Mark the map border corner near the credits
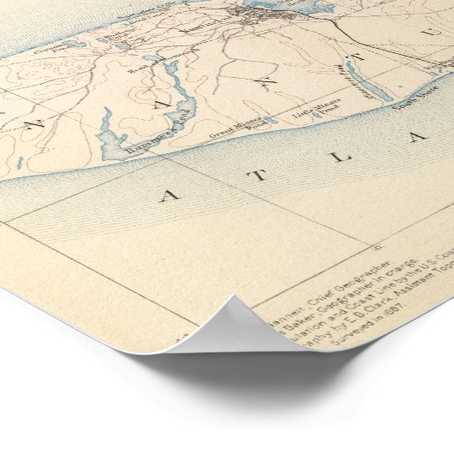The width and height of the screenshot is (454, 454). [x=378, y=247]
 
